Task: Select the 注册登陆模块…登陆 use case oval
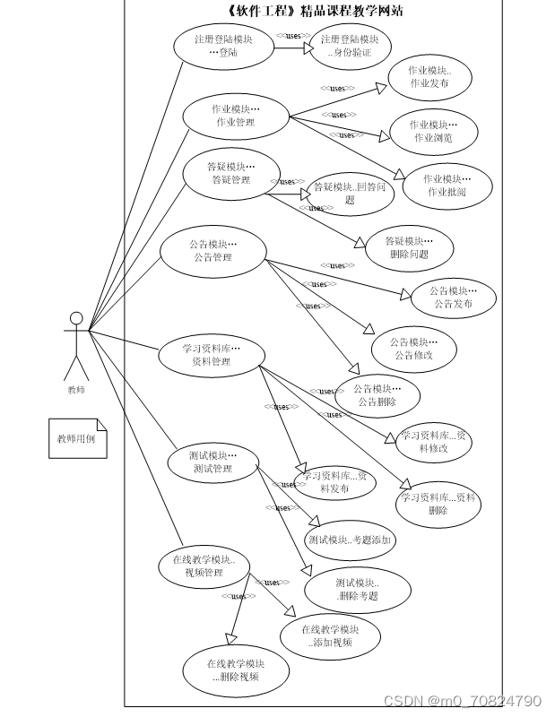click(x=223, y=46)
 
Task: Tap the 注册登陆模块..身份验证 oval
click(x=349, y=47)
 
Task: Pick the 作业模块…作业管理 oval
click(x=236, y=116)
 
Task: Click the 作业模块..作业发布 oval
click(x=429, y=77)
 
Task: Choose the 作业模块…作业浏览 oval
click(x=433, y=132)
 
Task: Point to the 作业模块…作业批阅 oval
click(x=447, y=186)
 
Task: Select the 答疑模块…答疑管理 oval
click(x=230, y=173)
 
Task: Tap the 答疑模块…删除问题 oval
click(x=409, y=247)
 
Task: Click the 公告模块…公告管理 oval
click(x=212, y=251)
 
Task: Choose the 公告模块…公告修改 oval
click(x=413, y=349)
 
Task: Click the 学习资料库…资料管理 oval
click(x=211, y=355)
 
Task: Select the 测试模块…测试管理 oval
click(x=212, y=462)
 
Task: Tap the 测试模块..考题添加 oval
click(x=350, y=540)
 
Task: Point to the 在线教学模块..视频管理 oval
click(x=204, y=566)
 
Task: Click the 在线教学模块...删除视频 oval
click(x=236, y=670)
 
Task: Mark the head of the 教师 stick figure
click(x=76, y=318)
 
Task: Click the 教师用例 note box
click(x=78, y=439)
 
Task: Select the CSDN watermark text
click(x=462, y=701)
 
